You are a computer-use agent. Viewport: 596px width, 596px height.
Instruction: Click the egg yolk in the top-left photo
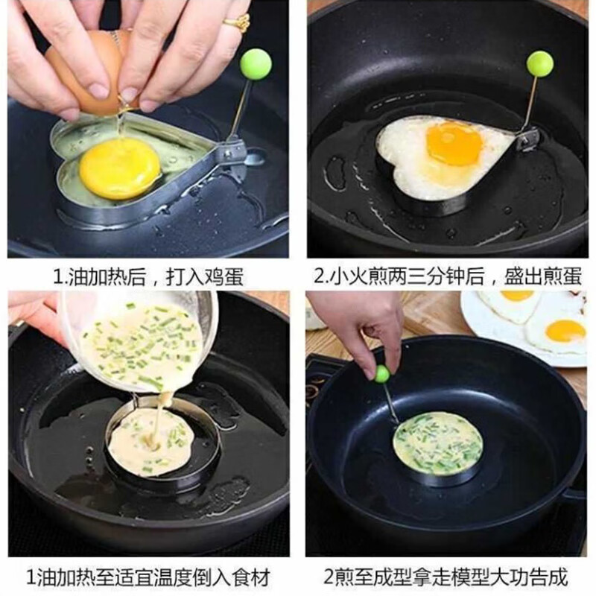[120, 168]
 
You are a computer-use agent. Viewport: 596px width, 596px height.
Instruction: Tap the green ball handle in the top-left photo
[256, 64]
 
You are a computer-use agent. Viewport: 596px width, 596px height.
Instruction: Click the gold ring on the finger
[237, 22]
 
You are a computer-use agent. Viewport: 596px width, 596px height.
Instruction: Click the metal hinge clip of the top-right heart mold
[527, 139]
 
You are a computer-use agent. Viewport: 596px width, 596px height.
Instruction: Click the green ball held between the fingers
[382, 374]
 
